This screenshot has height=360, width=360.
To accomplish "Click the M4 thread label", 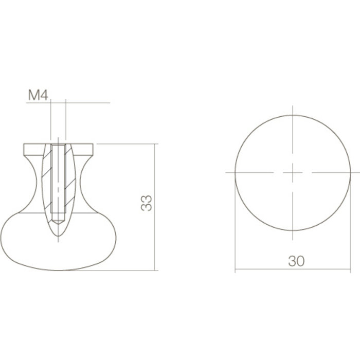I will point(39,96).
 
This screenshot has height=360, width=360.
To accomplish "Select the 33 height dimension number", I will point(147,203).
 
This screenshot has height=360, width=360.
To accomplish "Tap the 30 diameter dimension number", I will point(296,261).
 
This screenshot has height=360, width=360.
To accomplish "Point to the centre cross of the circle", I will point(293,172).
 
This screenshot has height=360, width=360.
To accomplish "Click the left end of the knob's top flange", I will point(25,150).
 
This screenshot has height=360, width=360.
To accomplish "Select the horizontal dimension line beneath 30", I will point(267,269).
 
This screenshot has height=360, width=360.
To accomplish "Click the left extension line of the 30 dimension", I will point(235,226).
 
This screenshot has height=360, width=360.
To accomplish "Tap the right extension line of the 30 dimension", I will point(350,226).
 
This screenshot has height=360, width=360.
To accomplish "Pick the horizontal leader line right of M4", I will point(87,103).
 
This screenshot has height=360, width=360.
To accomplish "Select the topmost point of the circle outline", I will point(293,114).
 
